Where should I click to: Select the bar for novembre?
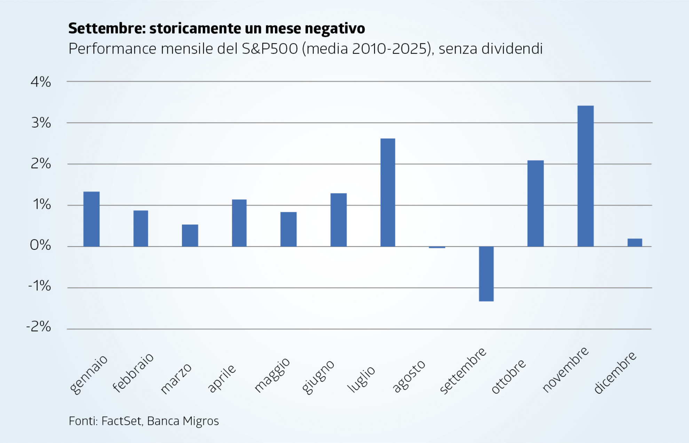click(x=585, y=176)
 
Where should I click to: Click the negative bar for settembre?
click(x=486, y=274)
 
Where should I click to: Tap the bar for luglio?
click(x=388, y=192)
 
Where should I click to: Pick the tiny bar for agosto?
click(x=437, y=247)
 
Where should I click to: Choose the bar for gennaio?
click(x=92, y=219)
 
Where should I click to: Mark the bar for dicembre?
click(x=635, y=243)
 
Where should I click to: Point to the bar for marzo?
click(x=190, y=236)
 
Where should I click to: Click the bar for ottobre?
click(x=536, y=203)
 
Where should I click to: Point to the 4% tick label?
click(x=41, y=82)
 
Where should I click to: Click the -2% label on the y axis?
click(x=39, y=327)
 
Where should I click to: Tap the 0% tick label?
click(x=40, y=245)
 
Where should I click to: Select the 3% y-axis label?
click(x=41, y=123)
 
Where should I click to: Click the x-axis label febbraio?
click(x=133, y=372)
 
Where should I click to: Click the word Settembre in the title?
click(x=107, y=28)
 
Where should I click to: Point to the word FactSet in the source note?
click(x=121, y=421)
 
